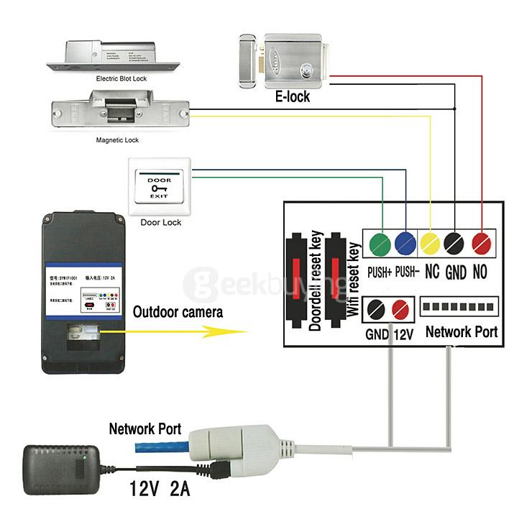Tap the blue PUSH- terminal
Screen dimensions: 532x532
[405, 243]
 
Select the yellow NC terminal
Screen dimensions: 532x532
[430, 243]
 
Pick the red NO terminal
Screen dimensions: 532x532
[480, 243]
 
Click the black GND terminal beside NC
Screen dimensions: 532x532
[455, 243]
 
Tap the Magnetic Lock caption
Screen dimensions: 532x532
[117, 140]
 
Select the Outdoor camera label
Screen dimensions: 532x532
[178, 312]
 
